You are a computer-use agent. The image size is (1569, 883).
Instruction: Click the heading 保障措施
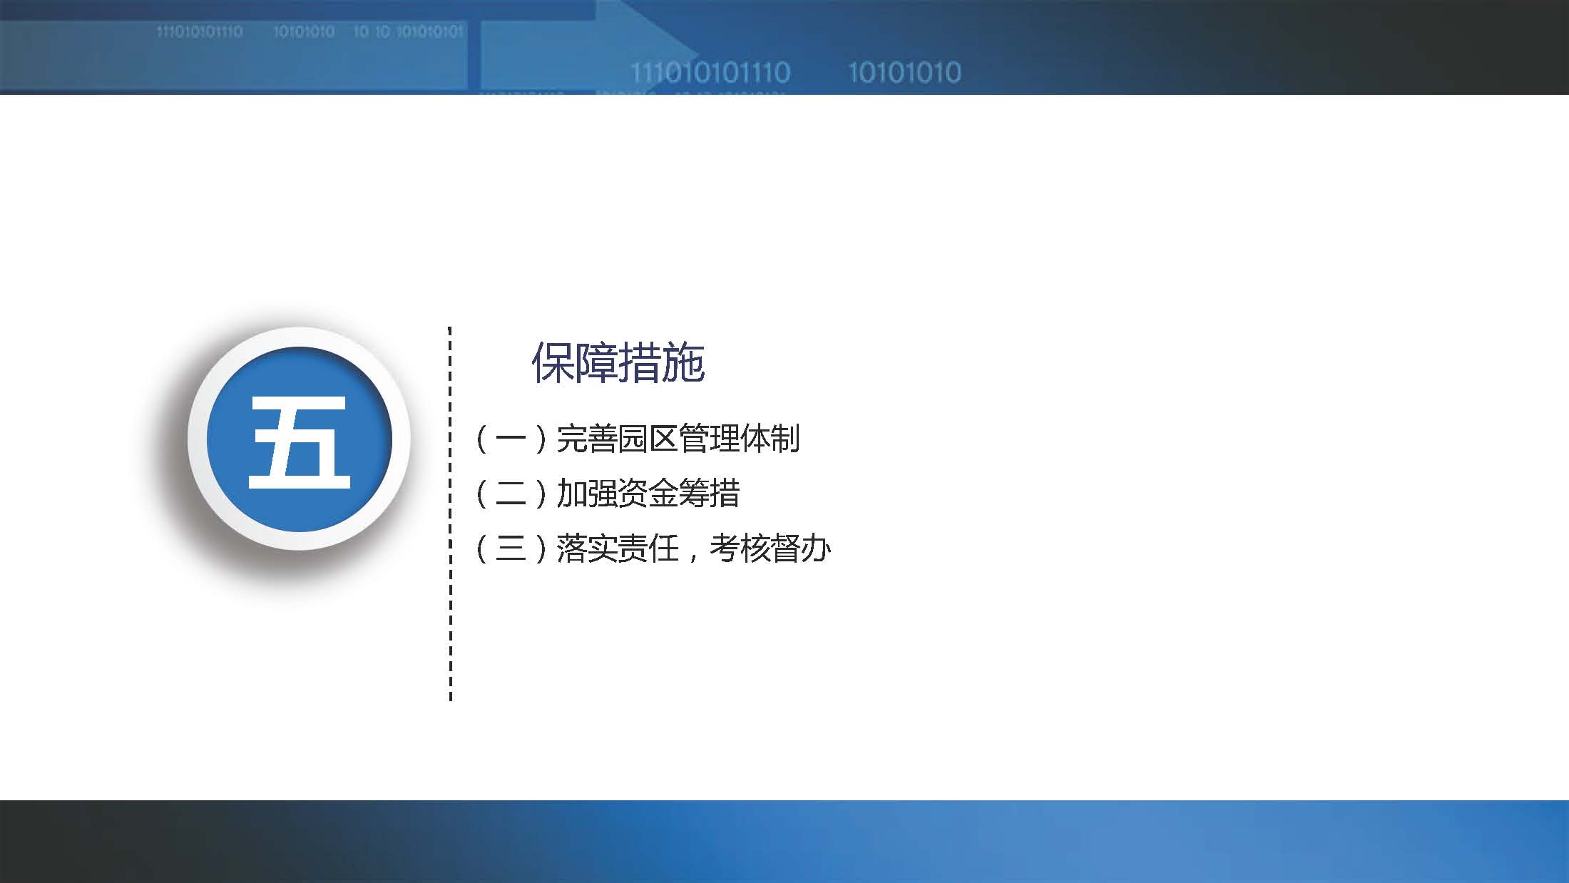[618, 363]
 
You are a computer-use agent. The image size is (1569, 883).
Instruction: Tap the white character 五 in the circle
[300, 442]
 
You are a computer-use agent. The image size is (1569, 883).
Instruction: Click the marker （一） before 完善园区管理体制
[511, 439]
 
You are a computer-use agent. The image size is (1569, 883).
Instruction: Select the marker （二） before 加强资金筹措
[511, 494]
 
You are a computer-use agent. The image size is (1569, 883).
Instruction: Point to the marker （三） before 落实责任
[511, 548]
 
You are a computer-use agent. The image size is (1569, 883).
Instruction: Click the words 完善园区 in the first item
[617, 439]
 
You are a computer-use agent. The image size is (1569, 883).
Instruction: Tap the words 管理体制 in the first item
[739, 439]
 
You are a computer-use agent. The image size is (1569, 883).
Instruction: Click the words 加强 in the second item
[586, 494]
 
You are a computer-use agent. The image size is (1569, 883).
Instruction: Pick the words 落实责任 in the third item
[617, 548]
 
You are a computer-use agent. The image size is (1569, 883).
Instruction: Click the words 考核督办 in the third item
[770, 548]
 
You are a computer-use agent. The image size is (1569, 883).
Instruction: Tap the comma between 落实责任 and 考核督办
[692, 555]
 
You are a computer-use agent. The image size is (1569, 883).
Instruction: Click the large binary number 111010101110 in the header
[710, 73]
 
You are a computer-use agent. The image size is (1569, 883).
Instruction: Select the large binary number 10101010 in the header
[904, 73]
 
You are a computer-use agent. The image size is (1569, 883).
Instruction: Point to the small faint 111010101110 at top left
[199, 32]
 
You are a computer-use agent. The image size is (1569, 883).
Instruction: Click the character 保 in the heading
[553, 363]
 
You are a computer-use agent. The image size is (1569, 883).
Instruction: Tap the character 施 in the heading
[683, 363]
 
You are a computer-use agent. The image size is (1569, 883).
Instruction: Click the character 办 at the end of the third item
[815, 548]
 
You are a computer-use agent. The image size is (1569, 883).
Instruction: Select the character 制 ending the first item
[784, 439]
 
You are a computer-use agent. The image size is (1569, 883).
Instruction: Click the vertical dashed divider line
[450, 514]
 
